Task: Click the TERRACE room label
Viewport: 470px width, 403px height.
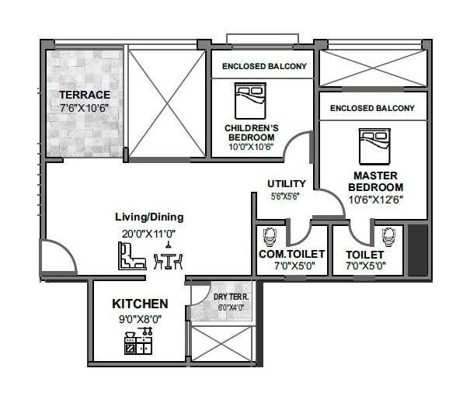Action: (x=85, y=95)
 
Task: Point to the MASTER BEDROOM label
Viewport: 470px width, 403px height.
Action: (x=376, y=182)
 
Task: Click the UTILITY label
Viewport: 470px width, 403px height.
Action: (x=287, y=184)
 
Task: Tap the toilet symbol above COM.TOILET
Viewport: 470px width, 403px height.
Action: (x=270, y=235)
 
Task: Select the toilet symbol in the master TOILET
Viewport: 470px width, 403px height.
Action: (x=389, y=236)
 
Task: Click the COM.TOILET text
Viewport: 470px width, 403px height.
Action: (x=291, y=255)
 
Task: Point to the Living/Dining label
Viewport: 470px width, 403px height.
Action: (x=149, y=217)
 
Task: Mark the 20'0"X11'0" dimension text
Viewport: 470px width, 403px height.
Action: (x=149, y=232)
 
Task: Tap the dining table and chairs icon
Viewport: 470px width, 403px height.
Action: (x=168, y=259)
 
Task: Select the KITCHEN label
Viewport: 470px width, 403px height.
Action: (x=140, y=304)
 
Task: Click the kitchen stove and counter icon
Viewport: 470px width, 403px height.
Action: (x=138, y=342)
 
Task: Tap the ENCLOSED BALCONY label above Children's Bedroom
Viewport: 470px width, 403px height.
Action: (x=264, y=67)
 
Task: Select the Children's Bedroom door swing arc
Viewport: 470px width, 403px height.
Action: (x=298, y=145)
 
